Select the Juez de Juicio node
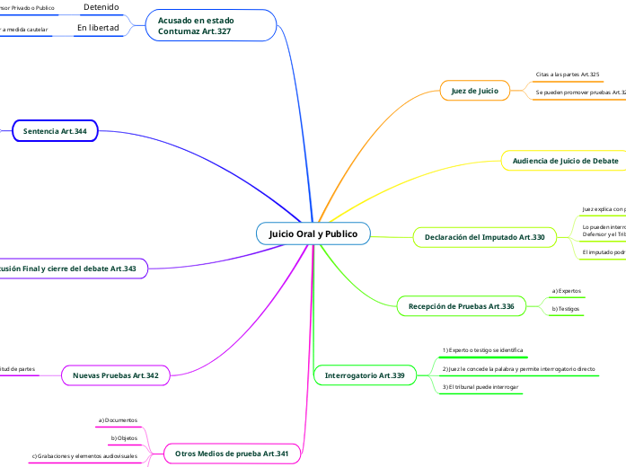[475, 90]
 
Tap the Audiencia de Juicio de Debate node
[565, 161]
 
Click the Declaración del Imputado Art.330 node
[484, 237]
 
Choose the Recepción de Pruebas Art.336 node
[462, 306]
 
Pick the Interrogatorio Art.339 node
[365, 374]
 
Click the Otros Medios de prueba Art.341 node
[231, 454]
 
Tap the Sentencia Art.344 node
[55, 131]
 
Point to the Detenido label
[101, 7]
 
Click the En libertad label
[98, 28]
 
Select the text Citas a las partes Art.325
[567, 75]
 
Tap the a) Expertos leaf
[566, 291]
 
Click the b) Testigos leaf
[566, 309]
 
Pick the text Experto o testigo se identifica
[483, 349]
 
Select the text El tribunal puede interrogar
[481, 386]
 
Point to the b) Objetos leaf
[124, 438]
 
